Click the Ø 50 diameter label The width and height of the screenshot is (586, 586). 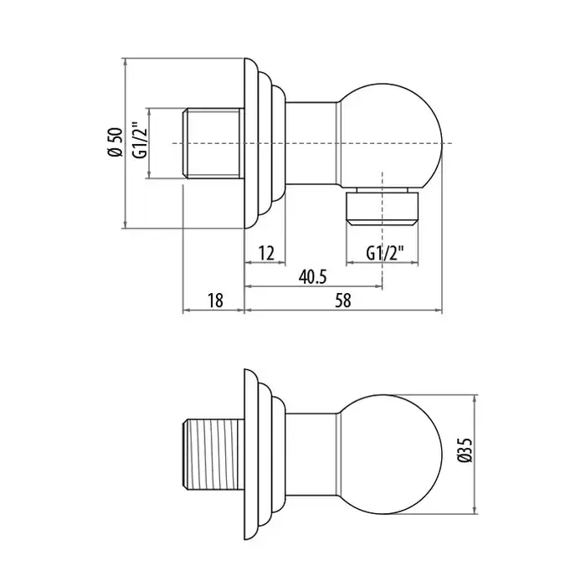116,142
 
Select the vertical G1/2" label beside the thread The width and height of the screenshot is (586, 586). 141,140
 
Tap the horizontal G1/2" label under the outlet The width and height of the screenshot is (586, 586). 385,254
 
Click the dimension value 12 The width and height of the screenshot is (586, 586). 266,254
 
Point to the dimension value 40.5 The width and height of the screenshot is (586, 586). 312,277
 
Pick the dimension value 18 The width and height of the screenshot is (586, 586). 215,301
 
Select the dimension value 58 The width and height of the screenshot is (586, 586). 343,301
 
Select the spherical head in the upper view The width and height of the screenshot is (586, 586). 391,136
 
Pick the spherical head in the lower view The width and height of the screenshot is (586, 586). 391,454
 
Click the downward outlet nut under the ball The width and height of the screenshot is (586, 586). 383,208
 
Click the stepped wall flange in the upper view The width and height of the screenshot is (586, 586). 265,143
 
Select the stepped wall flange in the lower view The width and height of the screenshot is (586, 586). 265,454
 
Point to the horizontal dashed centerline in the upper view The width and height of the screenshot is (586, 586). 312,143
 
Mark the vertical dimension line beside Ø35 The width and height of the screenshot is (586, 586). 475,454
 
